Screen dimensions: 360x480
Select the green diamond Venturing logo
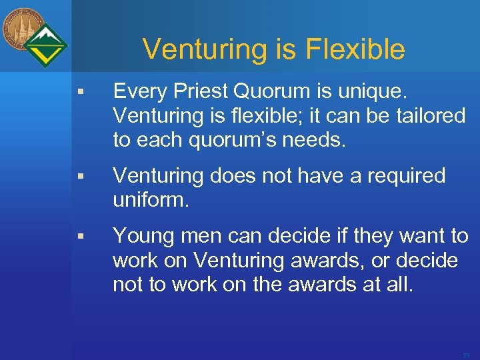coord(47,45)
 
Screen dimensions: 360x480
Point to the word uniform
coord(151,200)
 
